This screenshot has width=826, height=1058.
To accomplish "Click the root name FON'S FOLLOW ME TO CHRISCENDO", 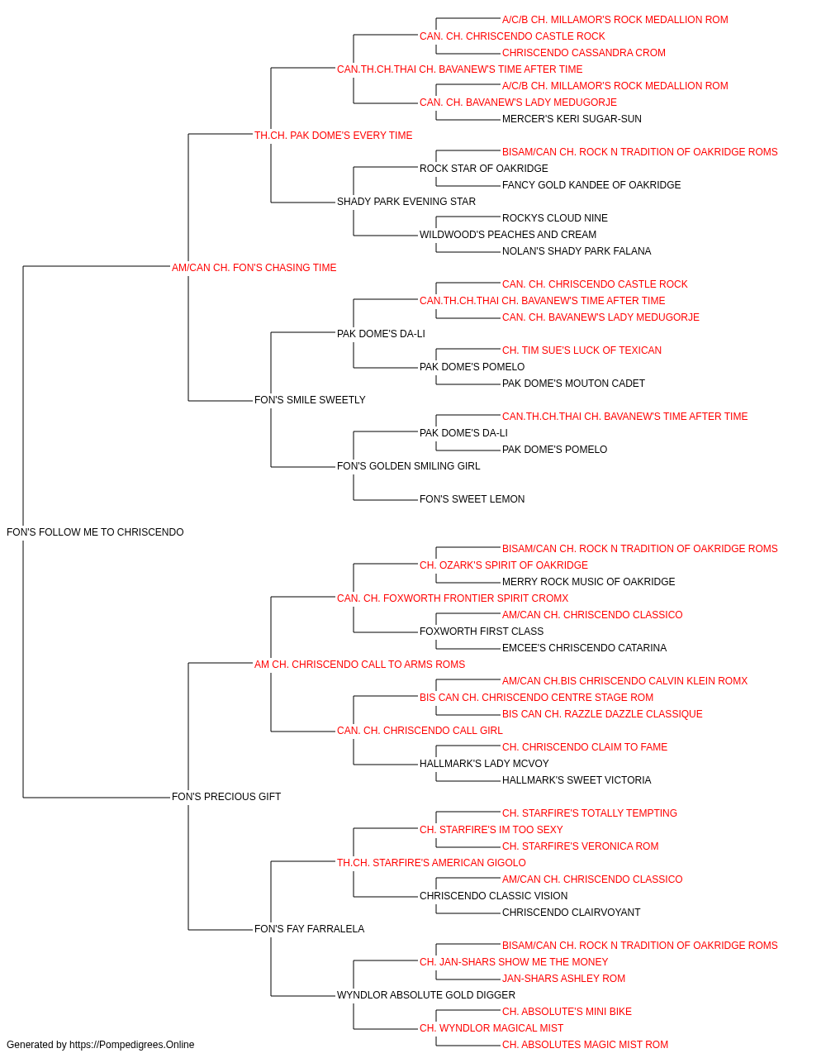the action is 95,532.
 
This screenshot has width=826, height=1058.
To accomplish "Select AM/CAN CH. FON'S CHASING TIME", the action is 254,268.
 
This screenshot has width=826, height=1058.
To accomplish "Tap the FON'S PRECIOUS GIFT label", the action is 226,797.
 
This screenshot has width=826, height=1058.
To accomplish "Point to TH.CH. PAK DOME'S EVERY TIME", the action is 333,136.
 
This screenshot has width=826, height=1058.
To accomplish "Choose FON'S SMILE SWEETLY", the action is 310,400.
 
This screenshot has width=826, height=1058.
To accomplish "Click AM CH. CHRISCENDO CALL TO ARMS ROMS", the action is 359,665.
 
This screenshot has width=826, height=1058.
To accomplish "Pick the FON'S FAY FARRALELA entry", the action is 310,929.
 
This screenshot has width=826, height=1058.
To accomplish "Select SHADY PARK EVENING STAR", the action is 406,202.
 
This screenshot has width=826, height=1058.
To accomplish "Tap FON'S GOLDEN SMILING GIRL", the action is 409,466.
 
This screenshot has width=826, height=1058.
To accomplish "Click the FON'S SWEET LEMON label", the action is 472,499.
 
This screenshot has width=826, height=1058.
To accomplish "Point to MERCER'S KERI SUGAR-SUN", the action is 572,119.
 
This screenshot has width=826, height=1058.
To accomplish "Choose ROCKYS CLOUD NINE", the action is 554,218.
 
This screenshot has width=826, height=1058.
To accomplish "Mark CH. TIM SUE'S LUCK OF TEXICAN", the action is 582,350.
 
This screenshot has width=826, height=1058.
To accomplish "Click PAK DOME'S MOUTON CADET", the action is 573,384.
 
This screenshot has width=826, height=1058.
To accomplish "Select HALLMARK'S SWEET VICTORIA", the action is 577,780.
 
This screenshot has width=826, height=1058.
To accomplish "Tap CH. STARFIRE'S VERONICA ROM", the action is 581,846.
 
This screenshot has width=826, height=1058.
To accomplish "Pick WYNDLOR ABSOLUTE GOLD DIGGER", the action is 426,995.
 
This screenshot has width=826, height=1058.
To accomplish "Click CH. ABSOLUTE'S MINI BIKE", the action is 567,1012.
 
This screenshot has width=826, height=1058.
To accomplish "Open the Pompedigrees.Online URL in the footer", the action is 131,1045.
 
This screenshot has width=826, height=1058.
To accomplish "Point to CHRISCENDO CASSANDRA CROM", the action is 584,53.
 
